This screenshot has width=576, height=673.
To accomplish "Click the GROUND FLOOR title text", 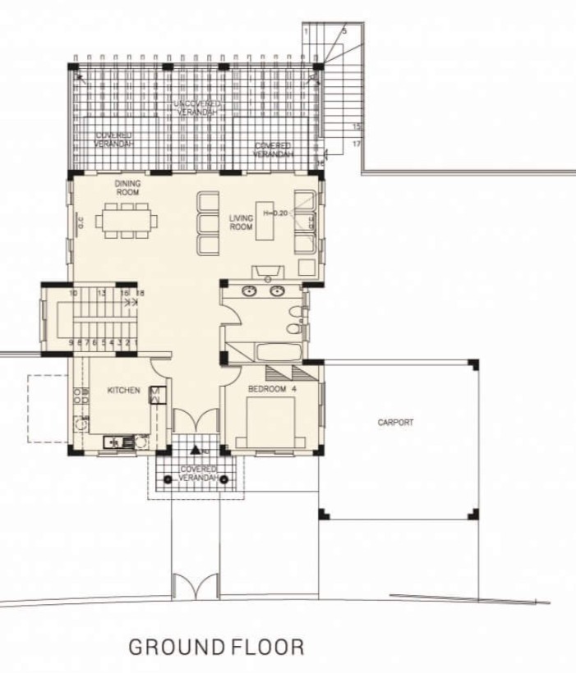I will click(216, 647).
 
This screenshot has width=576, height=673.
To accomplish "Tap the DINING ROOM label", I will click(128, 187).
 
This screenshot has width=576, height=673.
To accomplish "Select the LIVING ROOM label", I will click(240, 222).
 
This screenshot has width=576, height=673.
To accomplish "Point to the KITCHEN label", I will click(124, 391).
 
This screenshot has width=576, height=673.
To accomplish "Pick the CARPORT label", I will click(395, 423).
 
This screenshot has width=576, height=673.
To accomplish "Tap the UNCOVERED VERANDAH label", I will click(196, 108).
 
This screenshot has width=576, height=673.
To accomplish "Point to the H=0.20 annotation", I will click(274, 213).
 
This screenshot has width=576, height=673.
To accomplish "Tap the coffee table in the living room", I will click(265, 220).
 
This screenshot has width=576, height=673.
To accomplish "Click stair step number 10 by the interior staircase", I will click(73, 293).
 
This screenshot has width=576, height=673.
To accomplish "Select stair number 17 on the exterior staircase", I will click(357, 144).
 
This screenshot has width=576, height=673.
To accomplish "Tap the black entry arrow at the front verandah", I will click(196, 450).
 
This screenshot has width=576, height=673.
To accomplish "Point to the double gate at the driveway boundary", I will click(196, 586).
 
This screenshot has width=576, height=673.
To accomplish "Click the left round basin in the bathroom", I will click(249, 290).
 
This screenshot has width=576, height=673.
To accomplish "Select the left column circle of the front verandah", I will click(167, 479).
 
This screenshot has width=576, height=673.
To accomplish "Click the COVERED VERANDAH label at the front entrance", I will click(198, 474).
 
